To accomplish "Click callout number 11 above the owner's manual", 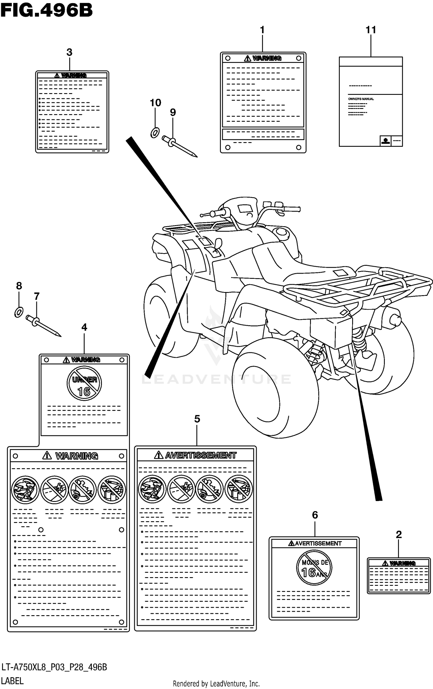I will click(x=371, y=30).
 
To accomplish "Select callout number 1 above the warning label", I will click(x=262, y=30).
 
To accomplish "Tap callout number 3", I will click(x=69, y=52).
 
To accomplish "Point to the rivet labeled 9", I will click(x=179, y=146).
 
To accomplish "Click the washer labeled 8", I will click(x=19, y=312).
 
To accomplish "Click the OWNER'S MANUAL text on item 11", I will click(x=361, y=99).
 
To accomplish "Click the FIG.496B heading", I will click(x=46, y=11).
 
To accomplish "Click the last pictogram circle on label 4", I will click(x=112, y=490).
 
